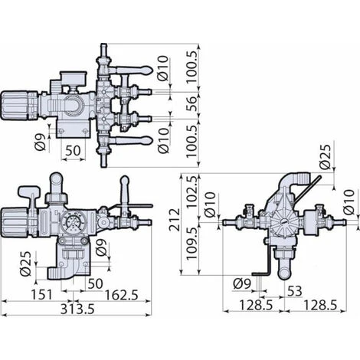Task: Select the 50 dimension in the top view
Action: [x=72, y=149]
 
